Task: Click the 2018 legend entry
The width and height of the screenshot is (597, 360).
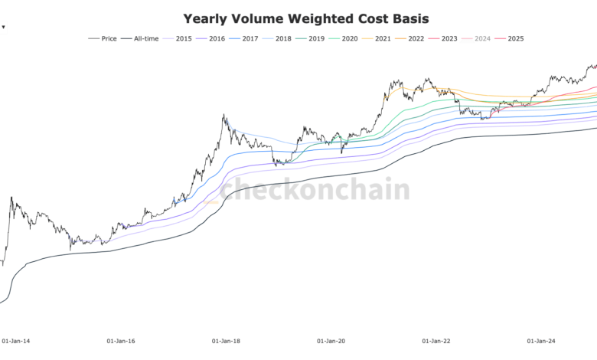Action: (x=282, y=38)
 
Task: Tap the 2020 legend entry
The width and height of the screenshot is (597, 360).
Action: (x=349, y=38)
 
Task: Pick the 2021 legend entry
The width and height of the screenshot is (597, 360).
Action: (x=382, y=38)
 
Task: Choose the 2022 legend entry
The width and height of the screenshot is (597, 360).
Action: (x=416, y=38)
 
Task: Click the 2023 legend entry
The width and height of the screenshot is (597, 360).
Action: (x=449, y=38)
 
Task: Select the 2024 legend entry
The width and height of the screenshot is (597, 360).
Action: (x=482, y=38)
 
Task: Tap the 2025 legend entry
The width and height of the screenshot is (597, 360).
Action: (x=515, y=38)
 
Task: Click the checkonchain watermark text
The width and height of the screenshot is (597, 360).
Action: (x=315, y=189)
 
